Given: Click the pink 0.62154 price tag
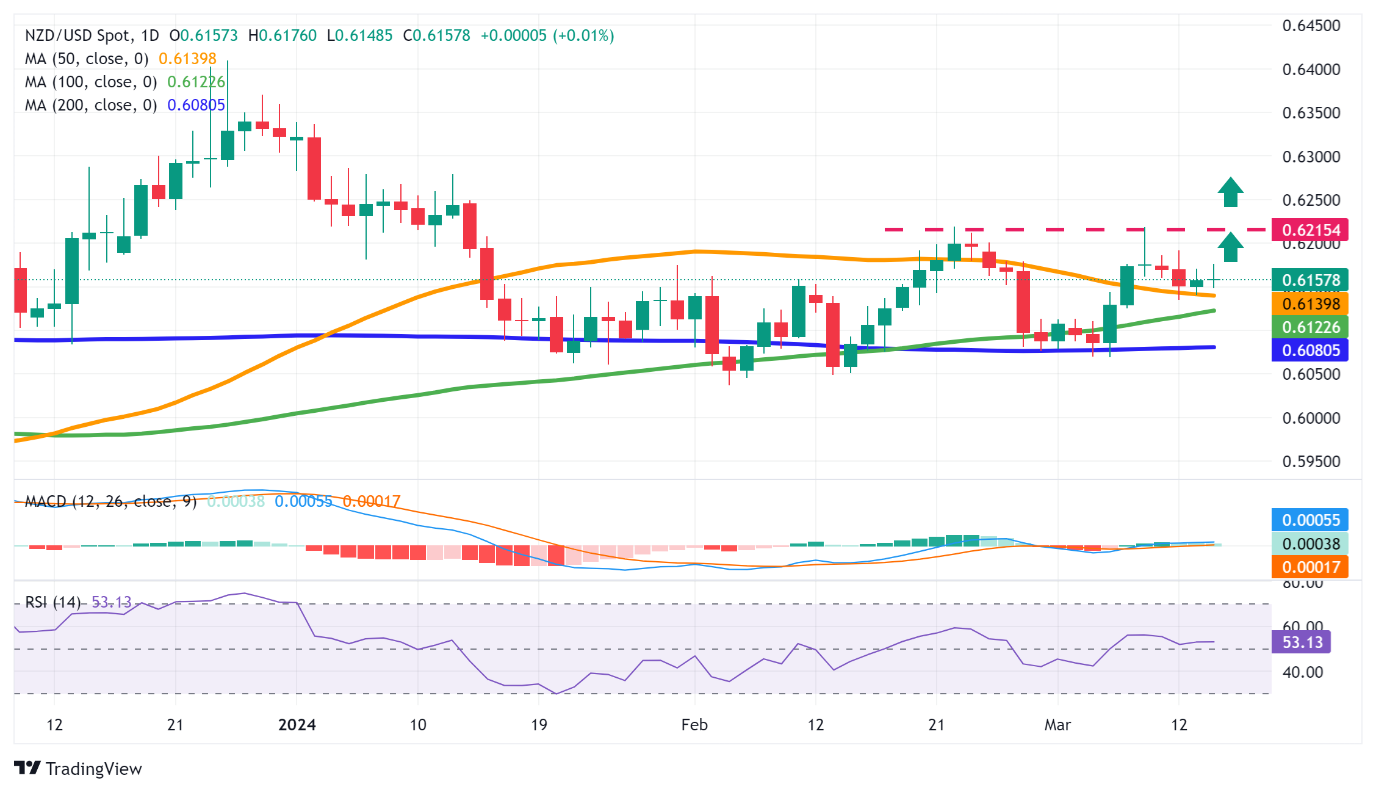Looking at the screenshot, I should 1309,230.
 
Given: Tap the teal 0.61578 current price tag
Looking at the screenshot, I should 1309,280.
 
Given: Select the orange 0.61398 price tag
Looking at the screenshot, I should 1309,303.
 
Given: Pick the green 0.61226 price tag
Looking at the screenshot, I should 1309,327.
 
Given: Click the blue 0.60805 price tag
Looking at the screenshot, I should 1309,351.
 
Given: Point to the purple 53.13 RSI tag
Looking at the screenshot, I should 1301,642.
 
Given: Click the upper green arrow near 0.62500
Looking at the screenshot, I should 1231,192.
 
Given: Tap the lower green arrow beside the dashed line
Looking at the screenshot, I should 1231,247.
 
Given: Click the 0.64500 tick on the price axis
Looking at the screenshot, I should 1311,26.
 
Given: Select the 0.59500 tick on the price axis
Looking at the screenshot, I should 1311,462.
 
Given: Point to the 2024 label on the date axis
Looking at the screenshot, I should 297,725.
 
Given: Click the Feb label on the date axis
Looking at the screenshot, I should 694,725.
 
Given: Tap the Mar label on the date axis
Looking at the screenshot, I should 1057,725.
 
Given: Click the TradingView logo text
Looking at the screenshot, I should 93,769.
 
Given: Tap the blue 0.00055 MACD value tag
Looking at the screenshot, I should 1309,520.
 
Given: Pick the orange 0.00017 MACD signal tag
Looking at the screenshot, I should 1309,567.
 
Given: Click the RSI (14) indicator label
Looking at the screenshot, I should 53,602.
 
